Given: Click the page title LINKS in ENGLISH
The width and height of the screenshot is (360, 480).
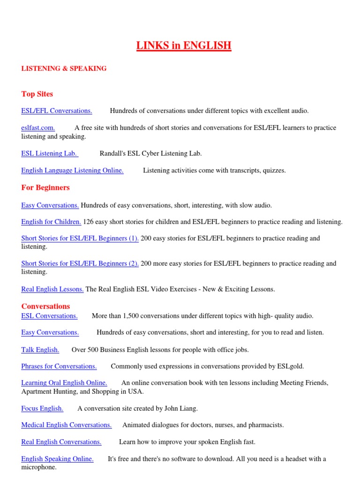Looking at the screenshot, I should click(184, 45).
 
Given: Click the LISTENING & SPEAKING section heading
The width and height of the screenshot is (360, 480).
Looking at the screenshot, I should click(64, 68).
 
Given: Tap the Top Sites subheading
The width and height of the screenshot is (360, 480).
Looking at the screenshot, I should click(37, 94).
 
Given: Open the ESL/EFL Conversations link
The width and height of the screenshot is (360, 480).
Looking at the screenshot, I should click(56, 111).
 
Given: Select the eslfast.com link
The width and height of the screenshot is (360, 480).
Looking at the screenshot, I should click(38, 128).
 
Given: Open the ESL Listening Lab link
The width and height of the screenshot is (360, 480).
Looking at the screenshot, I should click(49, 153).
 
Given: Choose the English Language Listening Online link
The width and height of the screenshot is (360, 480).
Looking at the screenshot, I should click(72, 171).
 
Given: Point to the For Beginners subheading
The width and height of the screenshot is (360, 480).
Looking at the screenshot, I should click(45, 187).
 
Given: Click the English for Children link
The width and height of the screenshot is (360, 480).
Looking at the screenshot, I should click(51, 222).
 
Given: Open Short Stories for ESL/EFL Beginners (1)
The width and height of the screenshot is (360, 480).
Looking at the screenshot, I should click(80, 239).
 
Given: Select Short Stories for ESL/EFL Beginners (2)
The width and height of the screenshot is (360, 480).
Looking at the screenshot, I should click(80, 263).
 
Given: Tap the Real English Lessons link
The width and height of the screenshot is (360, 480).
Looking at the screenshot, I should click(52, 289).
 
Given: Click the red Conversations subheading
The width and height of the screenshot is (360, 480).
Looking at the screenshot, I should click(45, 307).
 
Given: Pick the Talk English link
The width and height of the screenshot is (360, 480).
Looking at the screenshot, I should click(40, 350).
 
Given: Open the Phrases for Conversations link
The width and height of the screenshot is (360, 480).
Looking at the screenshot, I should click(59, 367).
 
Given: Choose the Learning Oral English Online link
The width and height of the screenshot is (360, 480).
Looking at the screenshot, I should click(64, 383).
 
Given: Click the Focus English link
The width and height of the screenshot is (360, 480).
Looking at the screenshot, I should click(42, 408).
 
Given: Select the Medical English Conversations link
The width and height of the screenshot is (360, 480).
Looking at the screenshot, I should click(67, 425).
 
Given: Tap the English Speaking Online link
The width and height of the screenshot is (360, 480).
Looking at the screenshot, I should click(57, 459).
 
